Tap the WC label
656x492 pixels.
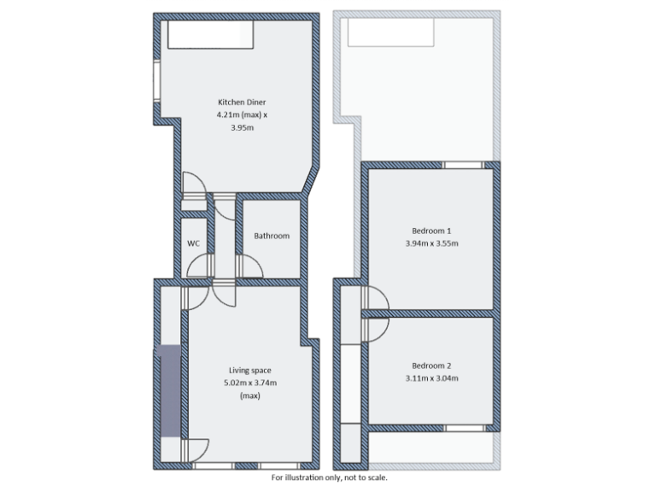(x=194, y=243)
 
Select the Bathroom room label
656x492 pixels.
(x=272, y=236)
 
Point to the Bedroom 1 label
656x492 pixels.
(x=431, y=231)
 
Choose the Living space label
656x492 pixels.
(x=250, y=370)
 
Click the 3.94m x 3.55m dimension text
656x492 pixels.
(x=431, y=243)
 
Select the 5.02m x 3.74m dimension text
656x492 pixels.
(x=250, y=383)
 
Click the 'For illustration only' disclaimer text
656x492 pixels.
(x=328, y=477)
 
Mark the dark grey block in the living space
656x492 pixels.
(x=168, y=389)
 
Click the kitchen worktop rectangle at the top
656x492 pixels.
(x=210, y=35)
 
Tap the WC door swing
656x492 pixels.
(x=196, y=266)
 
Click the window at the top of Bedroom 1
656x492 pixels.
(x=462, y=164)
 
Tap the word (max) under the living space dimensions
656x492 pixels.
(x=250, y=395)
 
